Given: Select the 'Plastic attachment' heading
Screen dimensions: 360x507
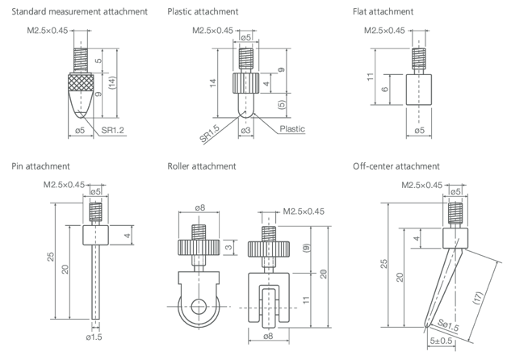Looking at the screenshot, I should tap(203, 12).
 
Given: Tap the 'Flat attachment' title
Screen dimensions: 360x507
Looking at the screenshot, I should tap(383, 12).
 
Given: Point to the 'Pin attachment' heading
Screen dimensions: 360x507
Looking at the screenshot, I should tap(40, 166).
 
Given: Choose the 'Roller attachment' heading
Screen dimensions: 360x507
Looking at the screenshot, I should tap(201, 166).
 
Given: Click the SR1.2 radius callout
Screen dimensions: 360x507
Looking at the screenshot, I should tap(113, 129).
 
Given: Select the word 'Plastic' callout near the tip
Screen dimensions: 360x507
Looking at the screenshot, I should tap(292, 129).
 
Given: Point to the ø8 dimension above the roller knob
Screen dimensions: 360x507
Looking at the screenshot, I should tap(200, 207).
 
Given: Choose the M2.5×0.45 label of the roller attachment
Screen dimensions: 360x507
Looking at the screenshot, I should tap(304, 211).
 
